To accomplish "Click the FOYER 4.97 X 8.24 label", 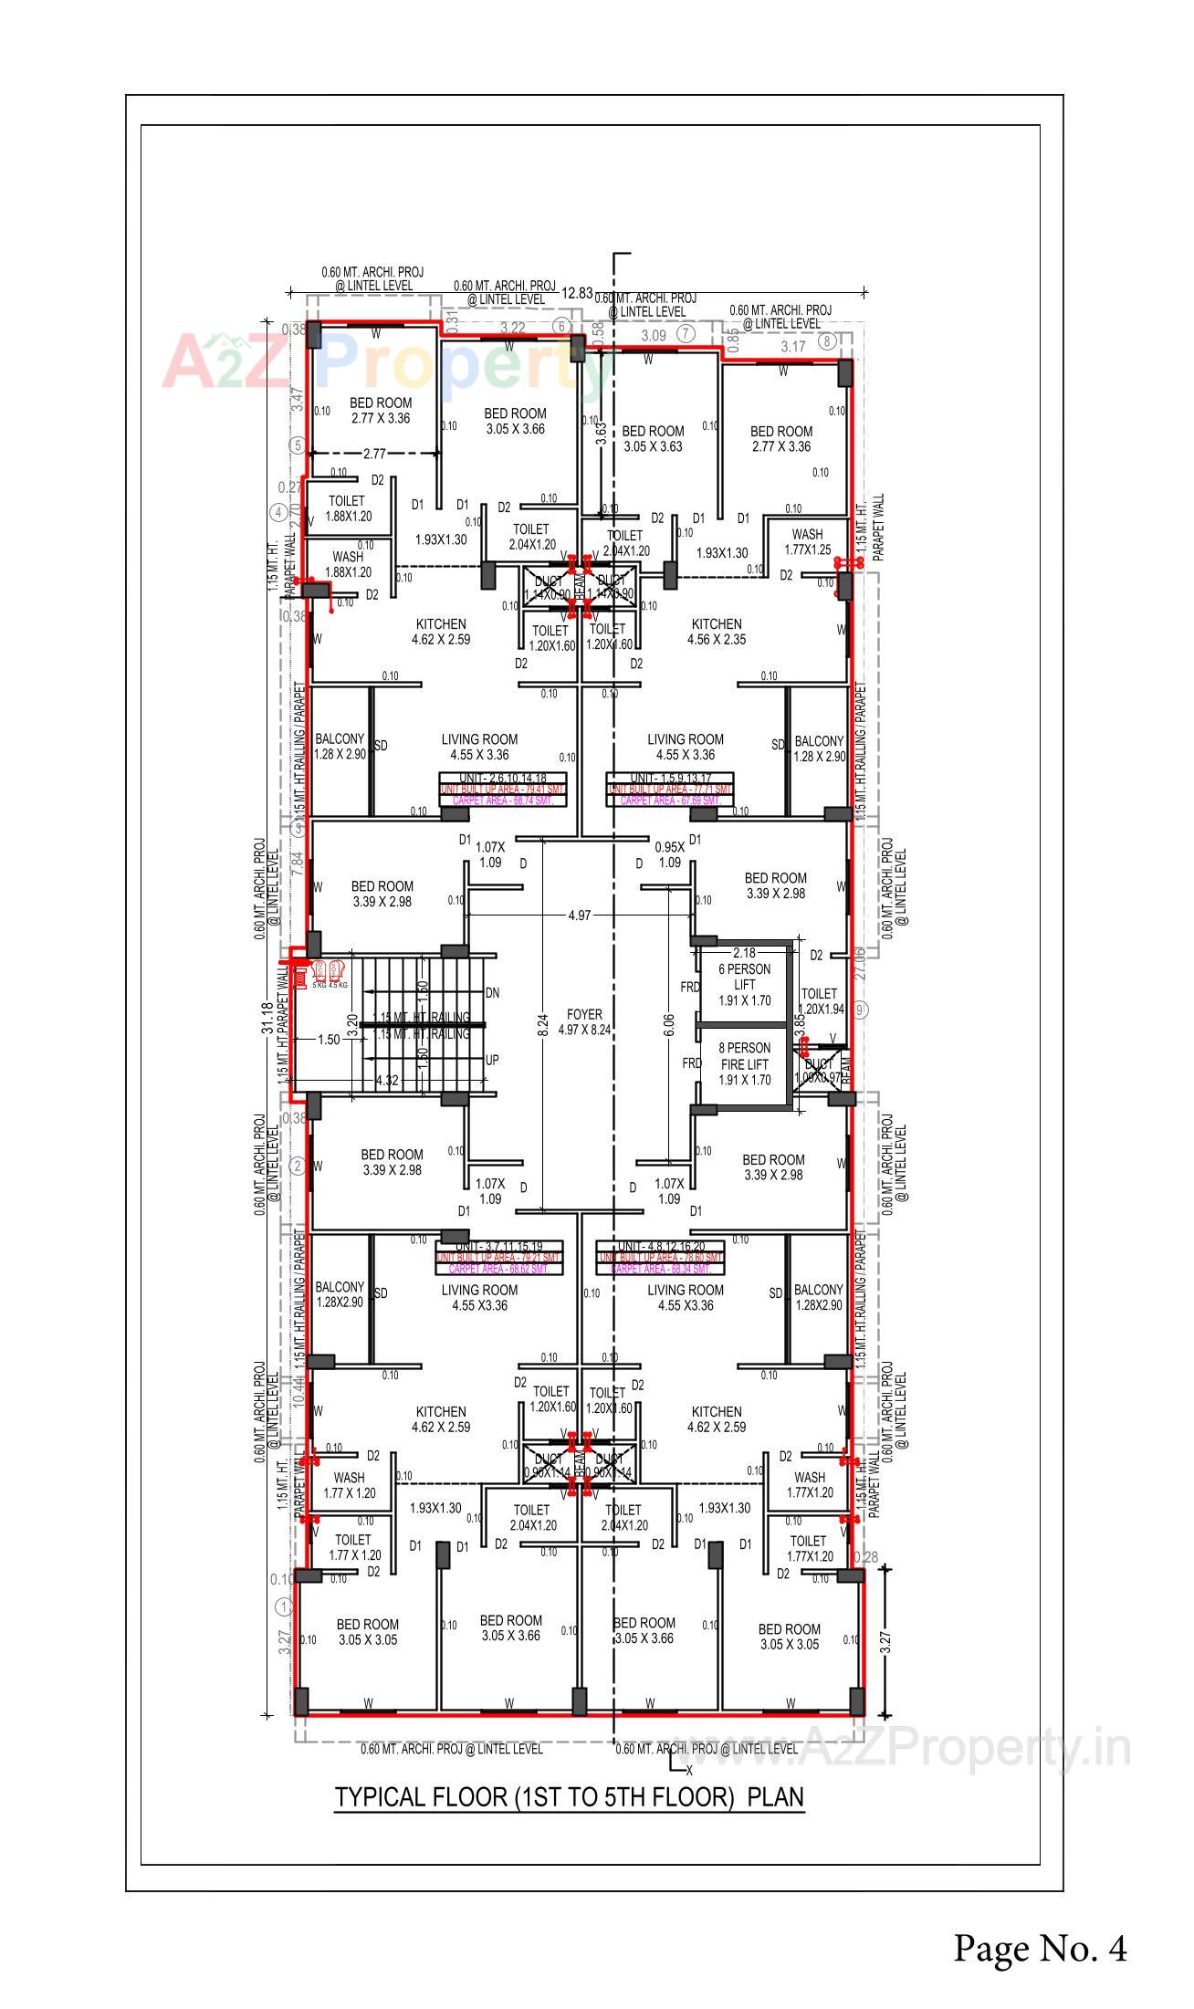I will (584, 1021).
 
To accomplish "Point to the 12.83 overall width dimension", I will (577, 293).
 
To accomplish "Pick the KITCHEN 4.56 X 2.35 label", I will (716, 632).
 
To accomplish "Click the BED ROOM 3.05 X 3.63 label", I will (653, 438).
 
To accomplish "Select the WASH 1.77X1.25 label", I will (807, 541).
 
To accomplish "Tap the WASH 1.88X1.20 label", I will (348, 564).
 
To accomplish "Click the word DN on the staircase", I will (492, 992).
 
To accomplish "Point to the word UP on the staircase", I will (492, 1061).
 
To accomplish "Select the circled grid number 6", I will (562, 327).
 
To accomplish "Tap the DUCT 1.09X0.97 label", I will (819, 1071).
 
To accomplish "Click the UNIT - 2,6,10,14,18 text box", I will (502, 778).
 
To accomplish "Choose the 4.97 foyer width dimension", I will (579, 915).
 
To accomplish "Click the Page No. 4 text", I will (1040, 1947).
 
